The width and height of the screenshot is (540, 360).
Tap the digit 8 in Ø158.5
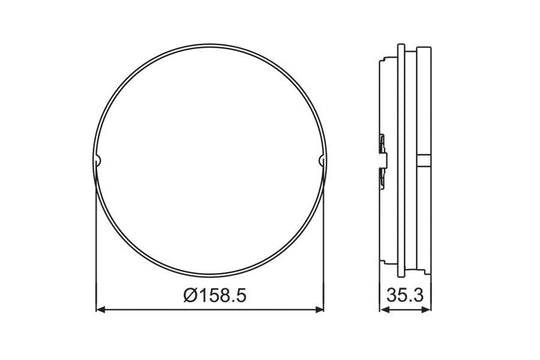point(224,296)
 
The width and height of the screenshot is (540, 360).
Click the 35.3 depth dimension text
point(405,295)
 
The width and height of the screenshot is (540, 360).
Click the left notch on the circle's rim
point(97,160)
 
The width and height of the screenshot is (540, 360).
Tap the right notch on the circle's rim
point(322,160)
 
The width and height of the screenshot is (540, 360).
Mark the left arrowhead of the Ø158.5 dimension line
point(100,310)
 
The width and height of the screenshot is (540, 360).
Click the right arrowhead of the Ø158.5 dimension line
point(320,310)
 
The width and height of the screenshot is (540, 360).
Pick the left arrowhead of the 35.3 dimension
point(384,310)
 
